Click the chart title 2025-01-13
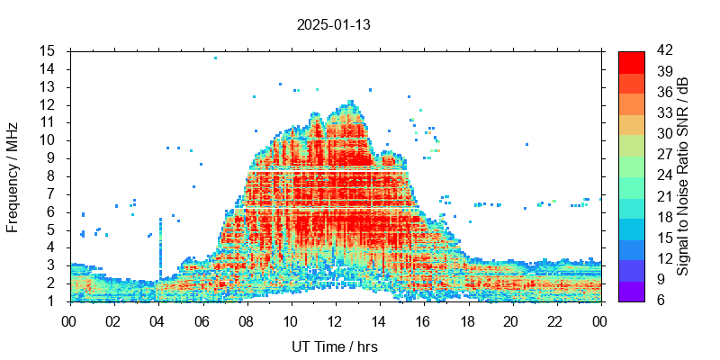pyautogui.click(x=333, y=25)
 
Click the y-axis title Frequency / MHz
pyautogui.click(x=13, y=175)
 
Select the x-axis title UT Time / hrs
pyautogui.click(x=335, y=346)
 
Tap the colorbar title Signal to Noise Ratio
pyautogui.click(x=684, y=175)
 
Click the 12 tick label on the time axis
pyautogui.click(x=335, y=319)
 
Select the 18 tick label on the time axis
pyautogui.click(x=467, y=319)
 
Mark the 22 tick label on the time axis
pyautogui.click(x=555, y=319)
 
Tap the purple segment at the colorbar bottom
pyautogui.click(x=631, y=291)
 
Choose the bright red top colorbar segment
pyautogui.click(x=631, y=61)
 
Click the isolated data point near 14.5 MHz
pyautogui.click(x=215, y=58)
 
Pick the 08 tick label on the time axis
pyautogui.click(x=247, y=319)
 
